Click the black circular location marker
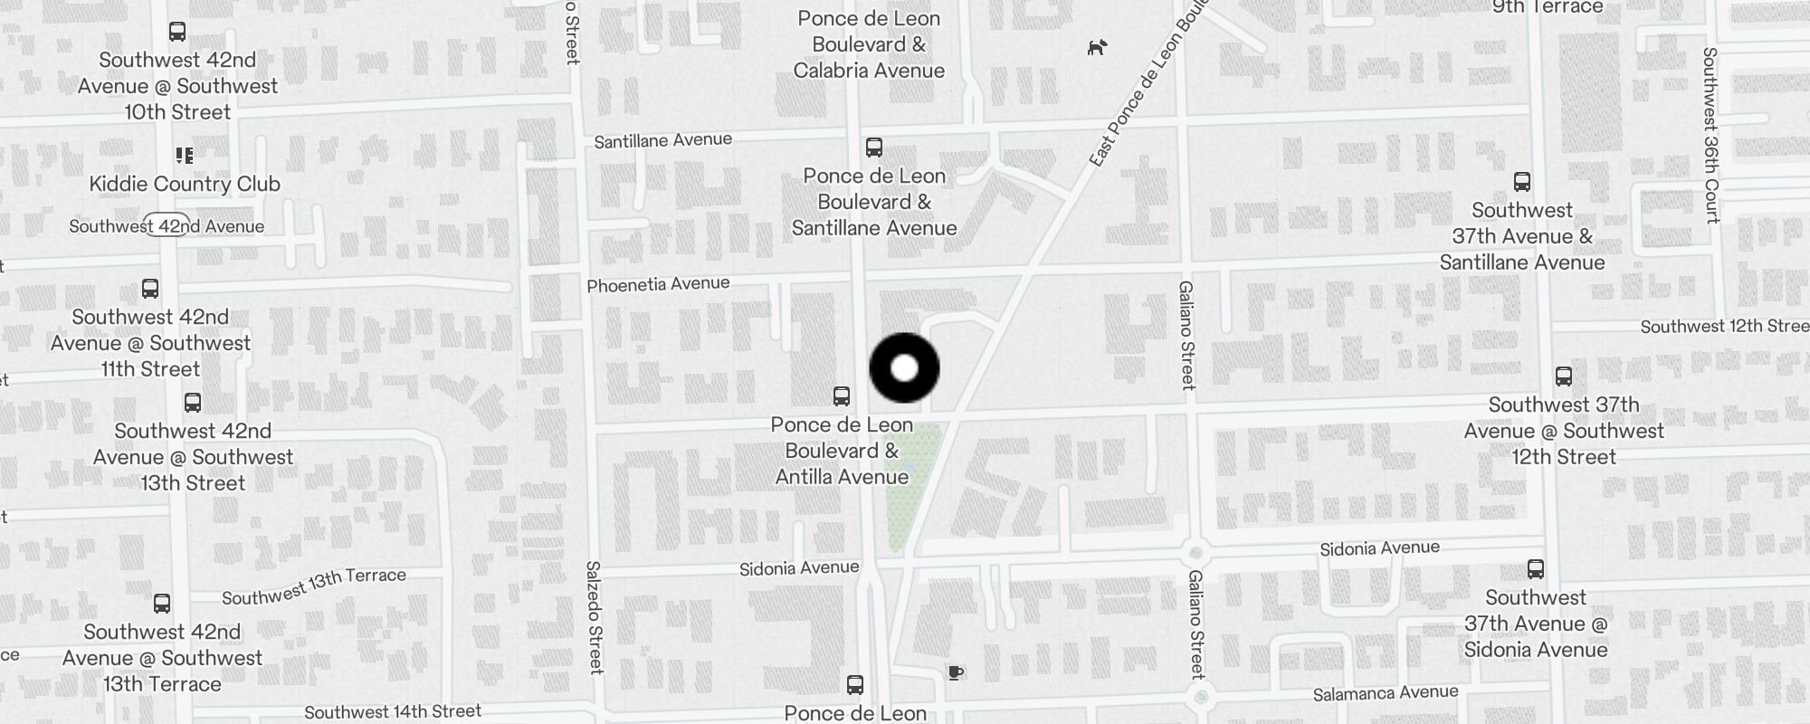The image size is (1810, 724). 904,367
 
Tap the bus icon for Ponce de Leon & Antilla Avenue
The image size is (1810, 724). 841,396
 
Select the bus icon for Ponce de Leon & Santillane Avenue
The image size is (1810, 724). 873,148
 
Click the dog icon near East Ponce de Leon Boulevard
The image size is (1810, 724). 1097,47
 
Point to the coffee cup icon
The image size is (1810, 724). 955,672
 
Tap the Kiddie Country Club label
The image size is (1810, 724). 185,184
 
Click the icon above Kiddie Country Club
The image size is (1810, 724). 185,156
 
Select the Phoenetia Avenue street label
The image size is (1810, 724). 658,285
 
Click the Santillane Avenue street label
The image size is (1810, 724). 662,140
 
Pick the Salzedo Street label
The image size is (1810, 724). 594,617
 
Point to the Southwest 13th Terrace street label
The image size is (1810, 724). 313,586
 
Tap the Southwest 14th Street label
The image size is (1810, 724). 392,712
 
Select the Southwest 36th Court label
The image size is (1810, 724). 1710,136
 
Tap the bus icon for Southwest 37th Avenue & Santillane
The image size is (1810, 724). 1521,182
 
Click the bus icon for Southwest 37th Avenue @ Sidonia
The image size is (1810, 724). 1535,569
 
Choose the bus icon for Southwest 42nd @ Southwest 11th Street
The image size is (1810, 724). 150,289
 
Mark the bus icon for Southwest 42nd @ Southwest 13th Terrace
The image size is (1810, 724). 162,604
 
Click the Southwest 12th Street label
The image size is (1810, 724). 1724,326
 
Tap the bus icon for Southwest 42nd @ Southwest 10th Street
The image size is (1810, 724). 177,32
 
